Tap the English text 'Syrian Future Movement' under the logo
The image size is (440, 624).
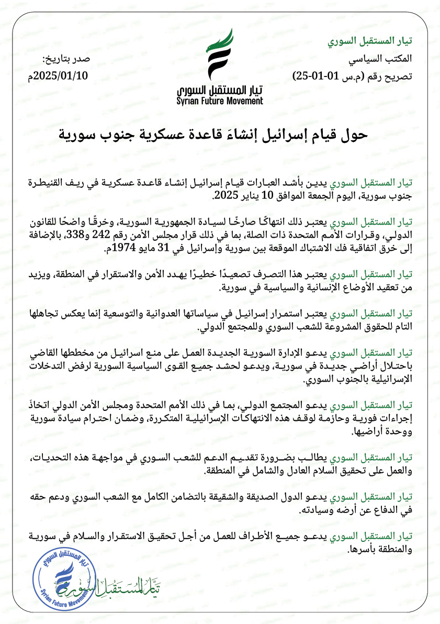tap(220, 101)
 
